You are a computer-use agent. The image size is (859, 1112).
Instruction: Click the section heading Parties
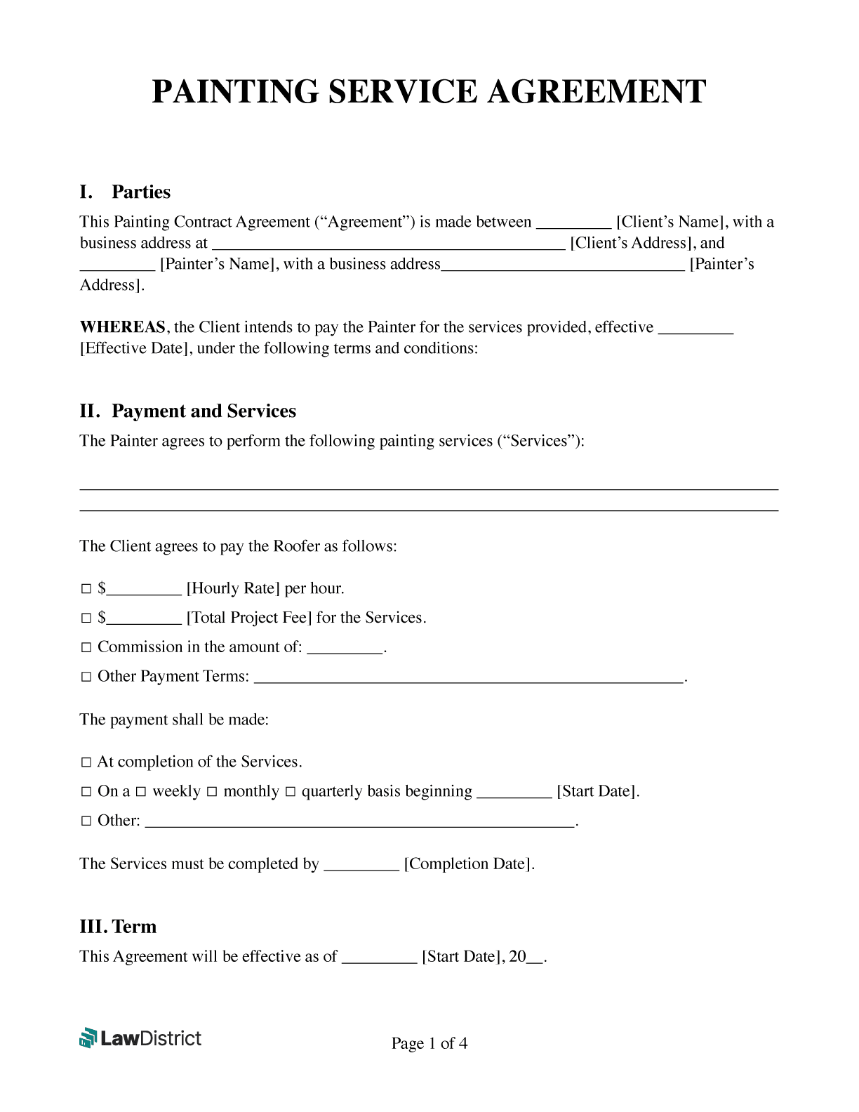pos(140,192)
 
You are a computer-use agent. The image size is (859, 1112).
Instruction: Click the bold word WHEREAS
pos(123,327)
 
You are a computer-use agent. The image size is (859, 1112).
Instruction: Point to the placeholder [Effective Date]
pos(136,348)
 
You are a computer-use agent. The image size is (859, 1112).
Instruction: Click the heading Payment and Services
pos(204,411)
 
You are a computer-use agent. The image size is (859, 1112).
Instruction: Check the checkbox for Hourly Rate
pos(86,589)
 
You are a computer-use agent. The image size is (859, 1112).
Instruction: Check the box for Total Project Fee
pos(86,618)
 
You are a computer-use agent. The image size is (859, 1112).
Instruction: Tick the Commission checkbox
pos(86,647)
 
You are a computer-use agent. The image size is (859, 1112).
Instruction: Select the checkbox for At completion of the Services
pos(86,762)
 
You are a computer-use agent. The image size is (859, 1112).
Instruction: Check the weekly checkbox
pos(141,792)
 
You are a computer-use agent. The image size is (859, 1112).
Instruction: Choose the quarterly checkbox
pos(291,792)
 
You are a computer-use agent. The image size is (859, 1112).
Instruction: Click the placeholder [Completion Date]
pos(469,864)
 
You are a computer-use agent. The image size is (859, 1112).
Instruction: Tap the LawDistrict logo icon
pos(88,1038)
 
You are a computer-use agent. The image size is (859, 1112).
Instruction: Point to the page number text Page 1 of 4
pos(429,1044)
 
